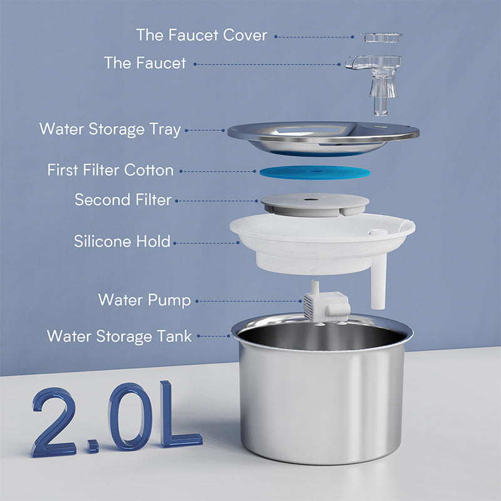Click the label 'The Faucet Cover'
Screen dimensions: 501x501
pyautogui.click(x=202, y=35)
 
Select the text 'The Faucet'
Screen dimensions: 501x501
pyautogui.click(x=145, y=63)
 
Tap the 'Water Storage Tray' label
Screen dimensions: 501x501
pyautogui.click(x=110, y=130)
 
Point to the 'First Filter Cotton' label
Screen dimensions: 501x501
pyautogui.click(x=110, y=170)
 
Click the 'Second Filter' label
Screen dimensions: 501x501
pyautogui.click(x=123, y=200)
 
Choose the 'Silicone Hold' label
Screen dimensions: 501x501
pyautogui.click(x=122, y=241)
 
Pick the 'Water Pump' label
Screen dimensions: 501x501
pyautogui.click(x=144, y=299)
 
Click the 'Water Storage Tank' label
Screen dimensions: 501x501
pyautogui.click(x=119, y=336)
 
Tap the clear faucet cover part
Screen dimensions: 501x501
pyautogui.click(x=381, y=38)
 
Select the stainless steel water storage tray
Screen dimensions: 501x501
pyautogui.click(x=323, y=137)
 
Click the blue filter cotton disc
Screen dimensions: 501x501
pyautogui.click(x=314, y=172)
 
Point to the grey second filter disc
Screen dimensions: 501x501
pyautogui.click(x=314, y=204)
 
